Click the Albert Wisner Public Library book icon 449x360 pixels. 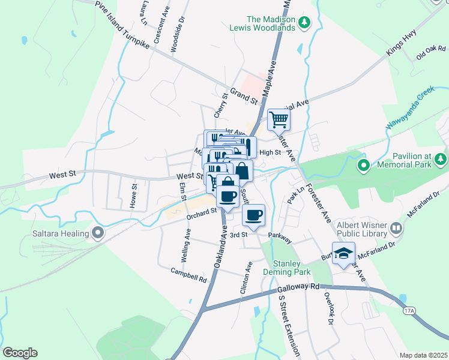click(x=396, y=228)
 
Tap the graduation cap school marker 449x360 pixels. click(x=343, y=253)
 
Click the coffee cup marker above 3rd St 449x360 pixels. click(x=253, y=215)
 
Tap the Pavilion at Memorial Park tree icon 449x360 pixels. click(x=441, y=159)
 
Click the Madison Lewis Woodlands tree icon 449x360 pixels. click(x=305, y=22)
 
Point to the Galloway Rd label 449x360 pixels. click(x=298, y=290)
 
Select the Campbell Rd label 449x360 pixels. click(x=188, y=275)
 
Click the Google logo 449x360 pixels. click(x=20, y=353)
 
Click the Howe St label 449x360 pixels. click(x=134, y=193)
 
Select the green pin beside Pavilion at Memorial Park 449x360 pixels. click(x=363, y=164)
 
